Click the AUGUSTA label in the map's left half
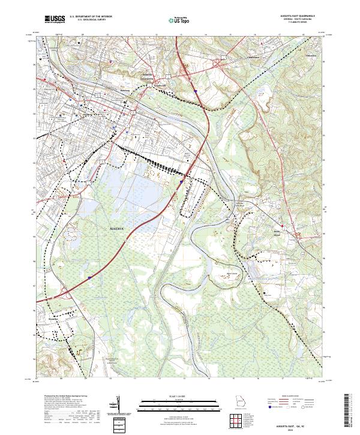[x=118, y=229]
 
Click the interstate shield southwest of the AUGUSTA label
[x=89, y=278]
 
